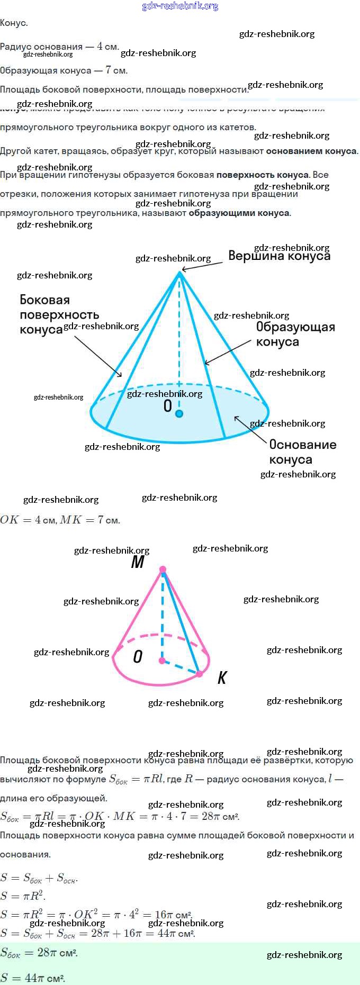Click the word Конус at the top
14,23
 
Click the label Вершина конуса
279,256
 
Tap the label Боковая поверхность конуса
59,314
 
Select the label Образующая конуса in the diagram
295,334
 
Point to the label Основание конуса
302,451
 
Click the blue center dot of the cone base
179,413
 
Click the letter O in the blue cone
167,406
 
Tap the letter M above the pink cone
138,562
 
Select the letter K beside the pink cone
222,677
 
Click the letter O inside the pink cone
138,657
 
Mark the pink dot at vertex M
163,570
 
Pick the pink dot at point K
200,674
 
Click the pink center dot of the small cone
162,661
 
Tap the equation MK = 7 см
90,520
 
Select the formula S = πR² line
23,896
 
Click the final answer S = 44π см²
32,978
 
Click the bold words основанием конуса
311,151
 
